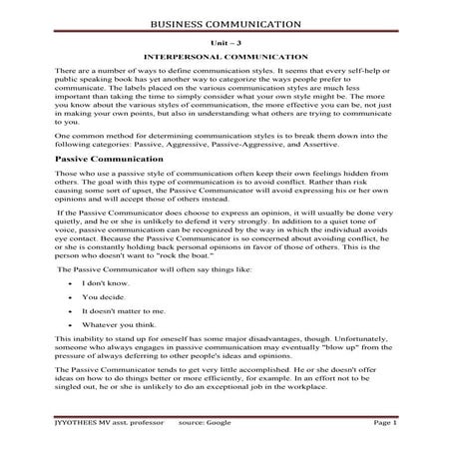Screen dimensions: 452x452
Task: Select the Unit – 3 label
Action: pyautogui.click(x=226, y=44)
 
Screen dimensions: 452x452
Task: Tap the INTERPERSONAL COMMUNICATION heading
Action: pyautogui.click(x=226, y=60)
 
